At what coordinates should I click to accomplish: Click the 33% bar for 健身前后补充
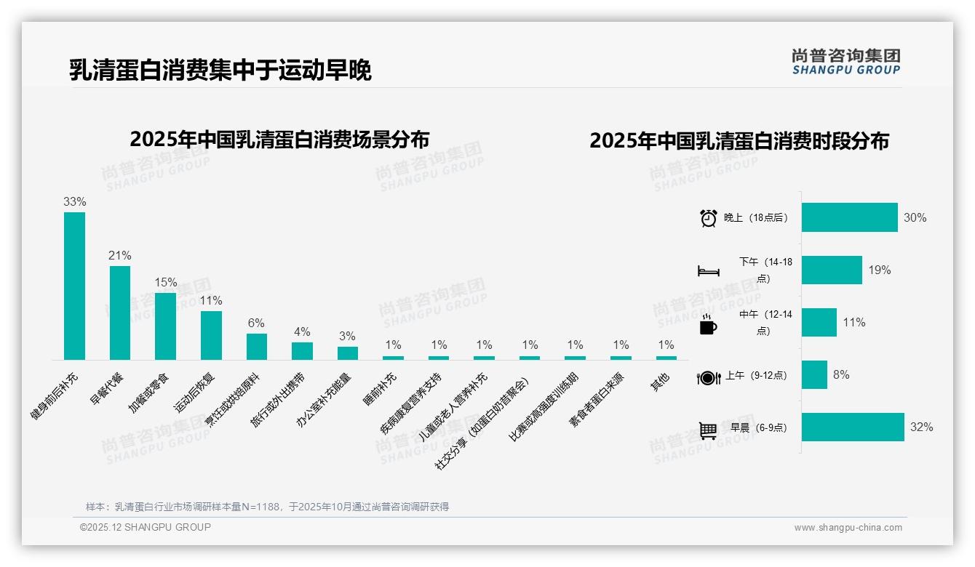click(x=74, y=286)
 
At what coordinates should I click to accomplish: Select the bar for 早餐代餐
click(x=120, y=313)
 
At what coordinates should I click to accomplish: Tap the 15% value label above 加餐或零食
click(x=165, y=283)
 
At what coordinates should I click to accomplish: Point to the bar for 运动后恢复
click(x=211, y=335)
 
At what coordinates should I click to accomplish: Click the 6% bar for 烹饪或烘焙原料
click(x=256, y=347)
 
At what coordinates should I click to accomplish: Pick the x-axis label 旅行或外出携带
click(x=279, y=400)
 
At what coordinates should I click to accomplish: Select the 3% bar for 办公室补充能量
click(x=347, y=353)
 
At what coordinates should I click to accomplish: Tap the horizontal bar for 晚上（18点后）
click(x=849, y=217)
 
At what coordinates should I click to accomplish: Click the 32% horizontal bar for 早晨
click(x=853, y=427)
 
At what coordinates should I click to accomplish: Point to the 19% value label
click(x=879, y=270)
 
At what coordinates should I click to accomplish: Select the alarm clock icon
click(x=708, y=218)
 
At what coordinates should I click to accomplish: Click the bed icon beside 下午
click(x=708, y=271)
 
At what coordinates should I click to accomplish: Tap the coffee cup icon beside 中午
click(x=708, y=324)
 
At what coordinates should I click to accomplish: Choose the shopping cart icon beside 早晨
click(x=708, y=430)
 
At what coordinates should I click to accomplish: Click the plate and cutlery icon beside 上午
click(x=708, y=377)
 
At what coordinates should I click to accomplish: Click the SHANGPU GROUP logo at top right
click(x=845, y=62)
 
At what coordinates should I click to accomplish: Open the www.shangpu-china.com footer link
click(x=848, y=528)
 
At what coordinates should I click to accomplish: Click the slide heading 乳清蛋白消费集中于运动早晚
click(x=220, y=71)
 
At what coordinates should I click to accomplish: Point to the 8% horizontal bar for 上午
click(x=814, y=375)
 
